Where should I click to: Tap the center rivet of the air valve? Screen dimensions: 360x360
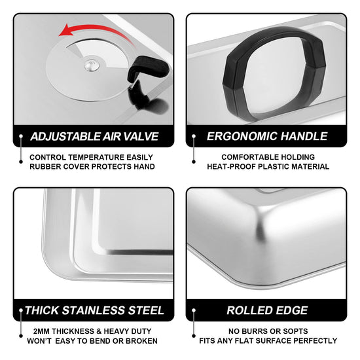[x=92, y=65]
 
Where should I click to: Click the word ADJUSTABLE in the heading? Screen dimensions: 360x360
[x=65, y=136]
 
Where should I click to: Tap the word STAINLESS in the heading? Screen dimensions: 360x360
[x=94, y=310]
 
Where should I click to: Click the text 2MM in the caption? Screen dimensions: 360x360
[x=41, y=331]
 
